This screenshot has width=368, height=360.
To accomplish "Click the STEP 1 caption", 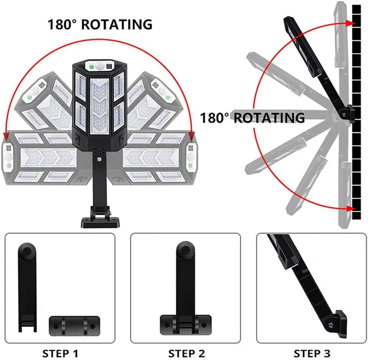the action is coord(60,353).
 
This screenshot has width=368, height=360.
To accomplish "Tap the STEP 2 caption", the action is coord(186,353).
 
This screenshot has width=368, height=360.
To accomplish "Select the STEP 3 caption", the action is coord(312,353).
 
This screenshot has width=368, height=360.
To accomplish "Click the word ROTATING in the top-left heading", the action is coord(117,24).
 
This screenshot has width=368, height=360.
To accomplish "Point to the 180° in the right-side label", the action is coord(214,118).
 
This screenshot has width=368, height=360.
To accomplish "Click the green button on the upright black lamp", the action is coord(92,67).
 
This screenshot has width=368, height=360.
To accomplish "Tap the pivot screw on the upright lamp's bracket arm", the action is coord(100,159).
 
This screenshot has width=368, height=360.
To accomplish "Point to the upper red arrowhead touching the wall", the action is coord(351,23).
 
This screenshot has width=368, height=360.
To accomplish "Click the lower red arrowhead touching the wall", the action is coord(351,208).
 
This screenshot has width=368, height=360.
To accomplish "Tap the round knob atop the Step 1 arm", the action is coord(27,251).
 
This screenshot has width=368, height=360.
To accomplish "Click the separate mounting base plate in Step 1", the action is coord(74,326).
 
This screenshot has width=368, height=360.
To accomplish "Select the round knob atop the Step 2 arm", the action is coord(186,250).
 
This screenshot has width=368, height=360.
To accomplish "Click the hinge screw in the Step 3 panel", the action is coord(331,325).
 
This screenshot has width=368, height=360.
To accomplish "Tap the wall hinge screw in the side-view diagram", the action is coord(344,115).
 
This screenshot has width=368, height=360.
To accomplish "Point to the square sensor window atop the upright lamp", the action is coord(109,67).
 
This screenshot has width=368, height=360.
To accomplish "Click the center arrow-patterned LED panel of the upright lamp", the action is coord(99,106).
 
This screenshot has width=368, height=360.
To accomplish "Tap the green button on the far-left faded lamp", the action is coord(9,166).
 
